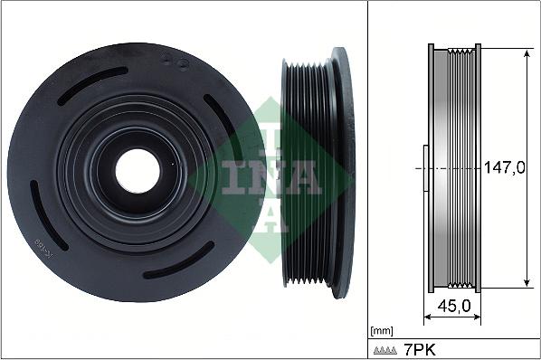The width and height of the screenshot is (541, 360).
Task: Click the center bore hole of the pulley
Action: tap(138, 169)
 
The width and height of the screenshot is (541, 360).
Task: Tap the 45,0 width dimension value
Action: tap(453, 307)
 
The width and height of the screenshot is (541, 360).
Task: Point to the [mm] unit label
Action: tap(383, 330)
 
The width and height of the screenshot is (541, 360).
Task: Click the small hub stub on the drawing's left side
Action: tap(423, 168)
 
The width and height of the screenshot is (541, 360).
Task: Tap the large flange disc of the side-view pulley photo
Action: tap(343, 169)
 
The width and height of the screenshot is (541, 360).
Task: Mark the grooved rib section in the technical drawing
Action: tap(463, 168)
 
